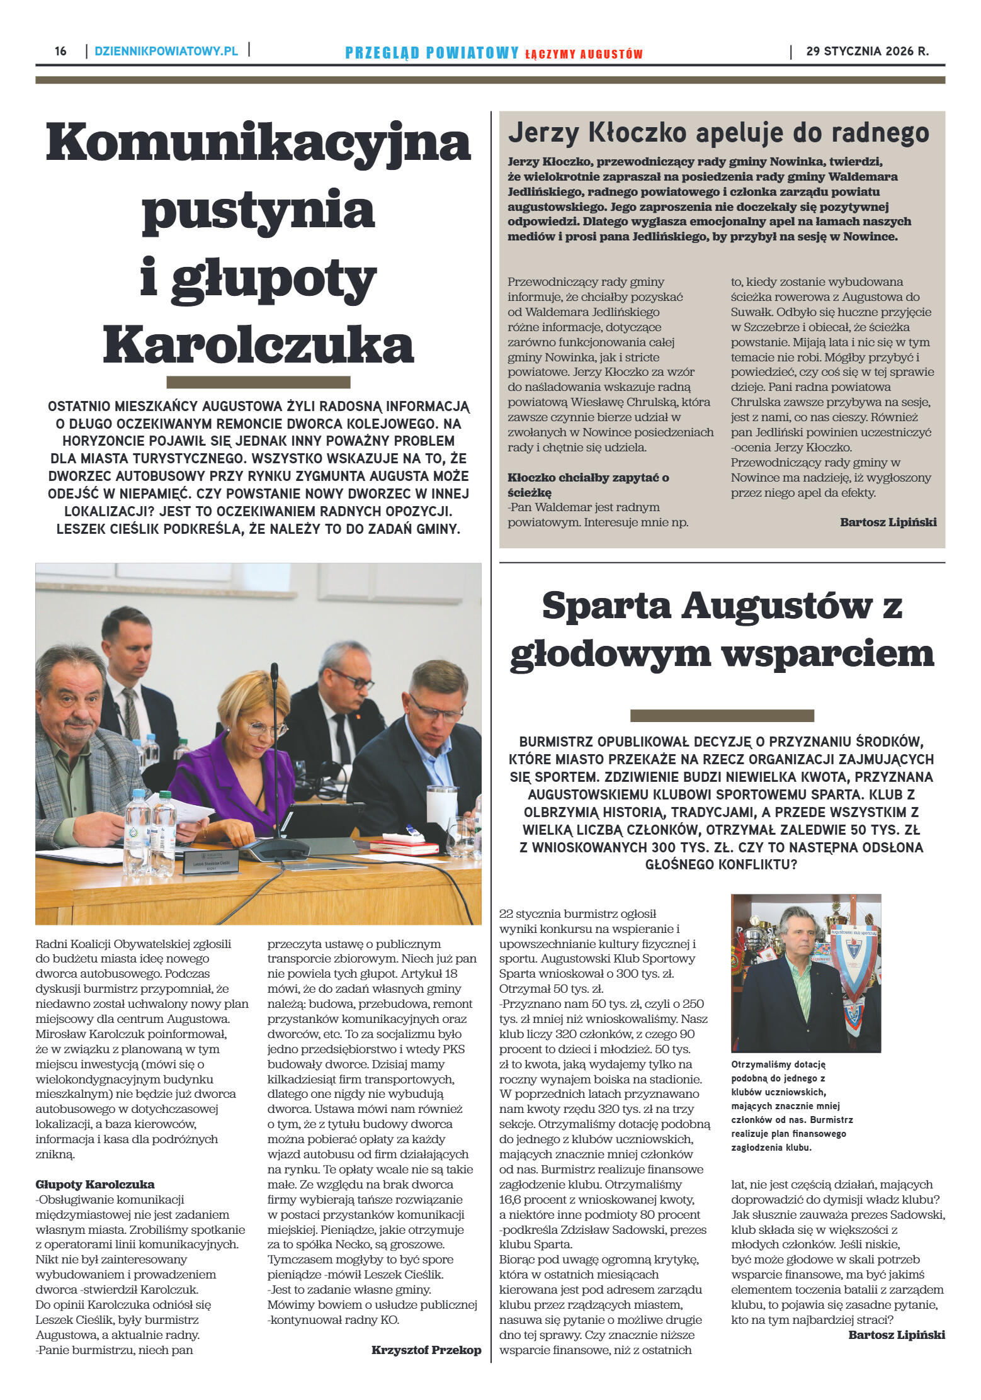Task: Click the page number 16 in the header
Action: pyautogui.click(x=60, y=51)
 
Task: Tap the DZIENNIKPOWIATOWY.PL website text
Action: pyautogui.click(x=166, y=51)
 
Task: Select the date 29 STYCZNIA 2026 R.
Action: pyautogui.click(x=867, y=52)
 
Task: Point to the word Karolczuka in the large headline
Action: pyautogui.click(x=258, y=344)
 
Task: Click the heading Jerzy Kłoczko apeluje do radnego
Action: pyautogui.click(x=718, y=133)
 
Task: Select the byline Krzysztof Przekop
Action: pyautogui.click(x=426, y=1350)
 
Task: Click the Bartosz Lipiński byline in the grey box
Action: pyautogui.click(x=888, y=522)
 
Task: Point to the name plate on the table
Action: pyautogui.click(x=211, y=862)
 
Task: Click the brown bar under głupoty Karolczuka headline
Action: pyautogui.click(x=258, y=382)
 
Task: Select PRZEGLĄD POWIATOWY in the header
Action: pyautogui.click(x=432, y=53)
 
